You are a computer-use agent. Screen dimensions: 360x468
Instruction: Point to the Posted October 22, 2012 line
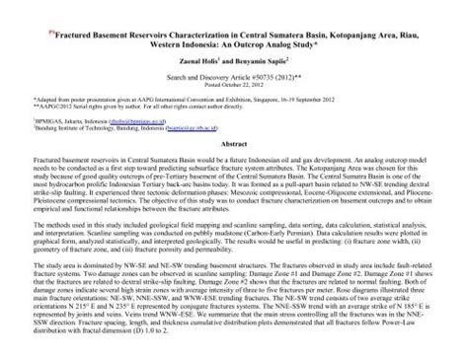(x=233, y=84)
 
